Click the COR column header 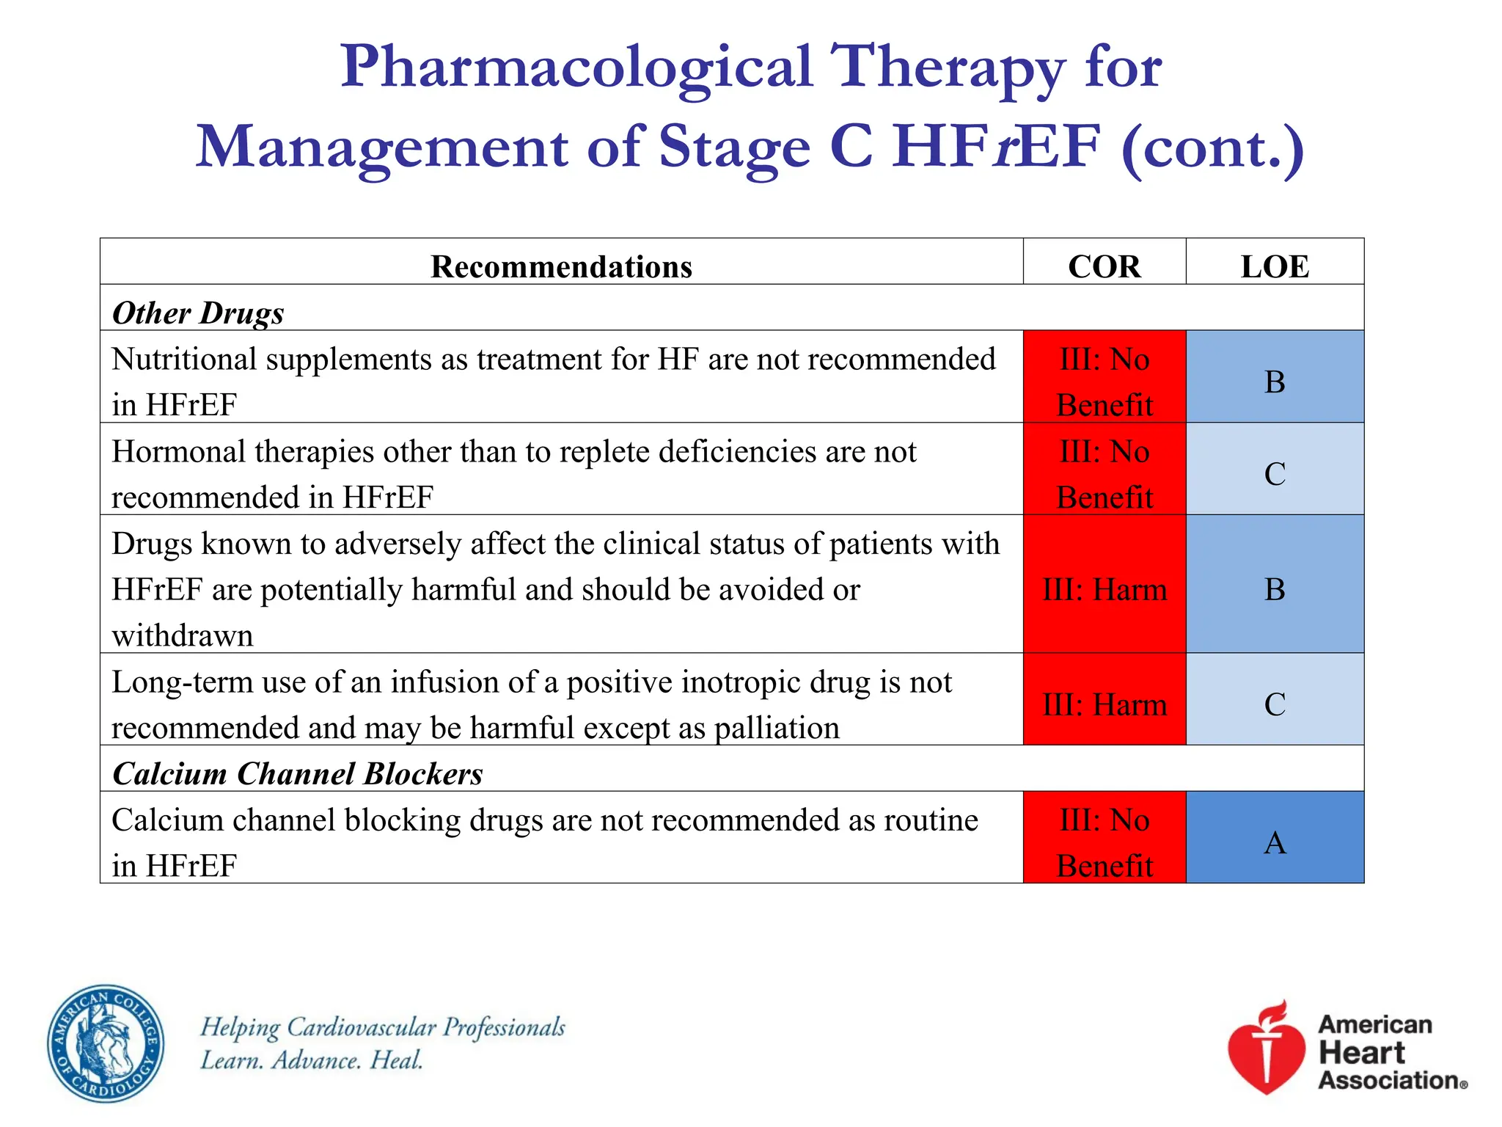click(1104, 266)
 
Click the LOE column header click(1274, 266)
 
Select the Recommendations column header click(561, 266)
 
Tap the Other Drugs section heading click(198, 313)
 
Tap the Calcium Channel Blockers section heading click(298, 774)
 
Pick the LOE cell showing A click(1275, 842)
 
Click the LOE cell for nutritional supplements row click(1275, 382)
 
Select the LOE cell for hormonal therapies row click(1275, 473)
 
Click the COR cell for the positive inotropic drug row click(1104, 704)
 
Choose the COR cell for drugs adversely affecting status click(1104, 589)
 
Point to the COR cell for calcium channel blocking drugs click(1104, 842)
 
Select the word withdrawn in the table click(183, 635)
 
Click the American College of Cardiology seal click(106, 1043)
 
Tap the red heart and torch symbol click(1267, 1048)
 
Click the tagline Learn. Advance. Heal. click(312, 1060)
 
